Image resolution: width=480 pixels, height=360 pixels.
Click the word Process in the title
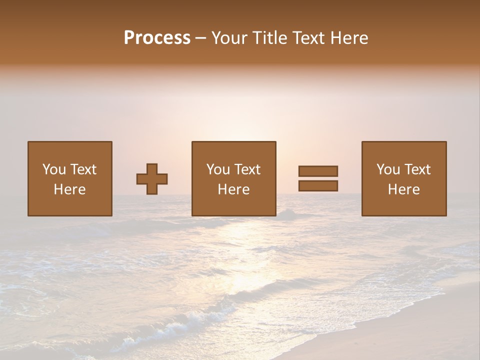pyautogui.click(x=157, y=38)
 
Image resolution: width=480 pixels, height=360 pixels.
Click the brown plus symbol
pyautogui.click(x=152, y=179)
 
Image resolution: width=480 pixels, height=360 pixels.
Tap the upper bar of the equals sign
pyautogui.click(x=318, y=171)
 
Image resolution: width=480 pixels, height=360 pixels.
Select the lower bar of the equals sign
pyautogui.click(x=318, y=186)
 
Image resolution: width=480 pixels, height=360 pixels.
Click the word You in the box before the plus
pyautogui.click(x=54, y=169)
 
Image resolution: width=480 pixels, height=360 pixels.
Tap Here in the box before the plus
pyautogui.click(x=69, y=189)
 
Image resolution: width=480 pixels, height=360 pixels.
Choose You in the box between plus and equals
pyautogui.click(x=218, y=169)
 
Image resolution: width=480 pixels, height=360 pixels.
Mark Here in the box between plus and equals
pyautogui.click(x=233, y=189)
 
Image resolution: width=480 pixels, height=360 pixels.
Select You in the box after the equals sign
pyautogui.click(x=388, y=169)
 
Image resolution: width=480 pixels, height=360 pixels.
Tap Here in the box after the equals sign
pyautogui.click(x=403, y=189)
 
